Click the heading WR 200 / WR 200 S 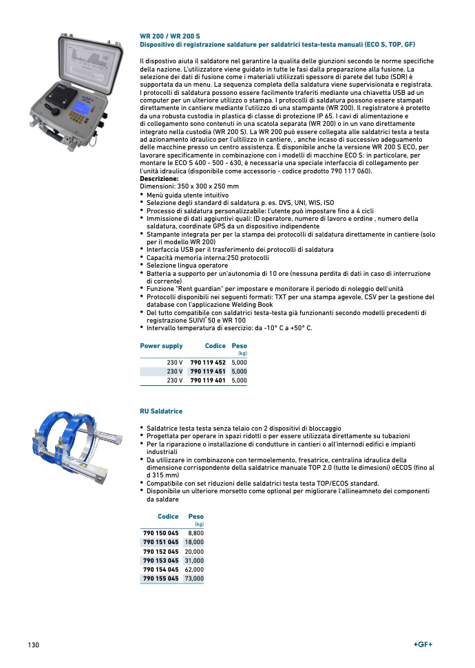click(170, 36)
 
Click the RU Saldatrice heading click(161, 411)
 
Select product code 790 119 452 click(208, 362)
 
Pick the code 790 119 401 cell click(208, 380)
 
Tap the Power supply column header click(161, 346)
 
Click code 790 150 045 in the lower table click(160, 533)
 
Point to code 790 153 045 click(160, 561)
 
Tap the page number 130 click(33, 645)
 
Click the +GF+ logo click(423, 644)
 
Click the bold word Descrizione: click(159, 178)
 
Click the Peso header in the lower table click(196, 516)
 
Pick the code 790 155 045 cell click(160, 579)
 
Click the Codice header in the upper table click(215, 346)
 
